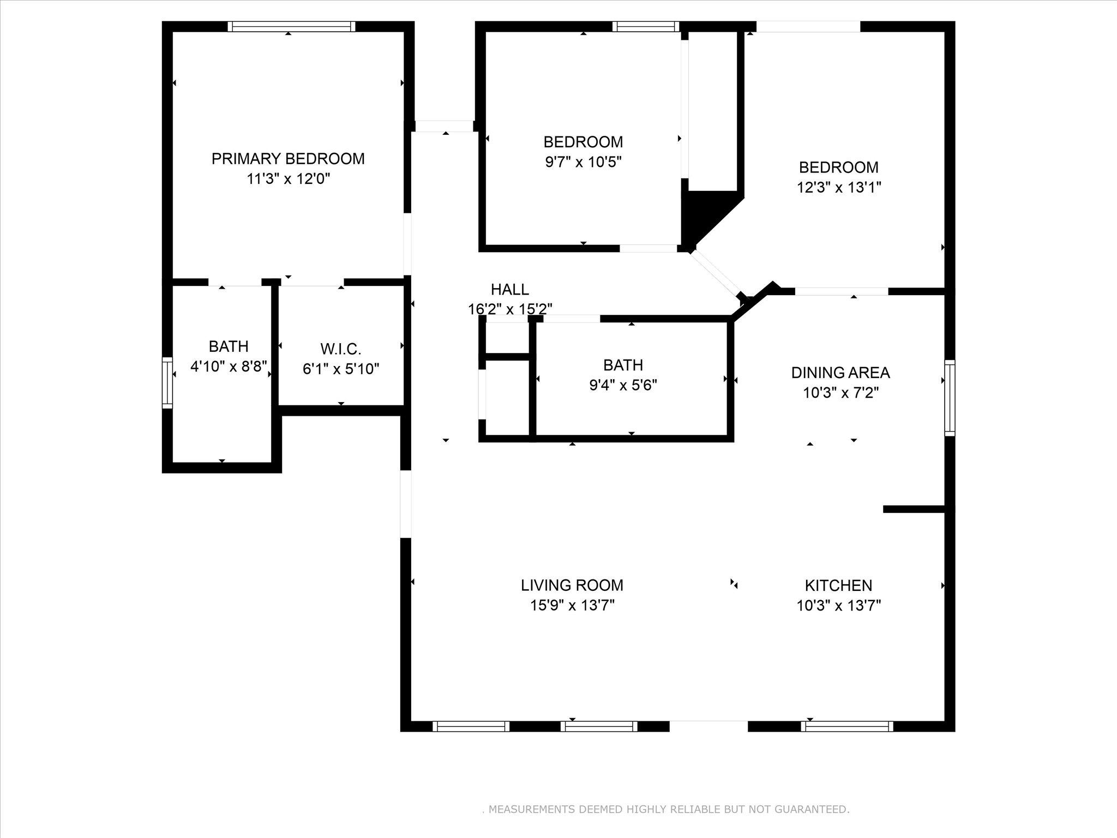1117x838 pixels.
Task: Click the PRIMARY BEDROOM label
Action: click(x=288, y=159)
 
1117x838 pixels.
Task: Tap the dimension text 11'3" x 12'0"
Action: click(x=289, y=179)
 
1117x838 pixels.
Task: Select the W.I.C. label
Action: click(x=340, y=349)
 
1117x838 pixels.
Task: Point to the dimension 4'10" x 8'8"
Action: click(x=229, y=366)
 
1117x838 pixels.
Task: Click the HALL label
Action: click(x=509, y=289)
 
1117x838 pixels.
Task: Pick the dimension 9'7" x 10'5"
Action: click(x=583, y=162)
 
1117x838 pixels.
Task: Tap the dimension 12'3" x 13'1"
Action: click(x=838, y=188)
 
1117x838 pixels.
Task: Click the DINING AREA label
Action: click(x=840, y=373)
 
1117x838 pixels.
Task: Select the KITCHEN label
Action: click(x=838, y=585)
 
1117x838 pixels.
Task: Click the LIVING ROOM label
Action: click(x=572, y=585)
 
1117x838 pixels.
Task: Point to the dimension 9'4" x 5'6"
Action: click(x=623, y=385)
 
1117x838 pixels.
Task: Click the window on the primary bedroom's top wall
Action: click(x=291, y=26)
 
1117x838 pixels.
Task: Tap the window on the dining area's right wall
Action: click(x=950, y=397)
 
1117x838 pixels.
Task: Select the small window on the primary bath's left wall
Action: click(x=167, y=382)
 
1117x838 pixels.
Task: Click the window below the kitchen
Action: click(x=846, y=726)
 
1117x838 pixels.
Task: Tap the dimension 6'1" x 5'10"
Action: click(x=340, y=369)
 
